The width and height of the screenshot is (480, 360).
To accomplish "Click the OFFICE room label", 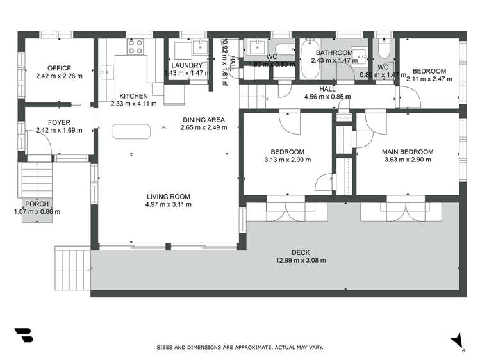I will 59,68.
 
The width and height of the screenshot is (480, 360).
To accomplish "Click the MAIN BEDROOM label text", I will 408,152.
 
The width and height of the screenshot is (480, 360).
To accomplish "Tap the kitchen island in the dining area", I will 131,131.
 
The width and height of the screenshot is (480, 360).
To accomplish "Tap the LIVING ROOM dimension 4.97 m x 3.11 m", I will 169,204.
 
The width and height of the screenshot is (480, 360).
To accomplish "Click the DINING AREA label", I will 203,119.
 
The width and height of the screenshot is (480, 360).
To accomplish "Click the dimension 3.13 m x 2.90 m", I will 286,160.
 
